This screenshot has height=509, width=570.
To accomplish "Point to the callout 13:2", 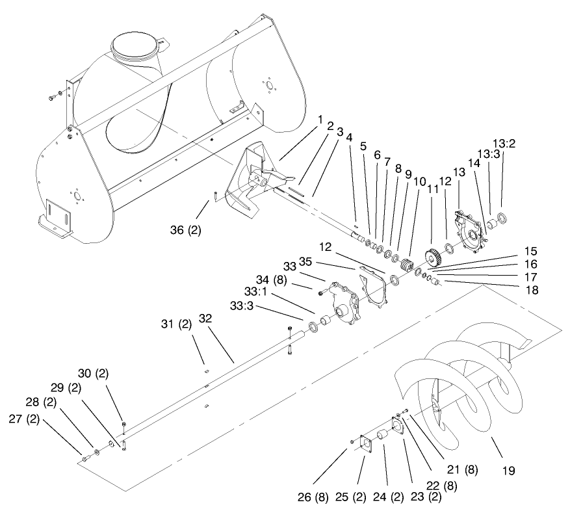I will pos(504,144).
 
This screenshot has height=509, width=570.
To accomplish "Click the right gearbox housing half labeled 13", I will pos(470,233).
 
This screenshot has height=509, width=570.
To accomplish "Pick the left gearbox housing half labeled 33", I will pos(343,304).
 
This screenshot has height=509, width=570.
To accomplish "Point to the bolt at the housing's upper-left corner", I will pos(53,97).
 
